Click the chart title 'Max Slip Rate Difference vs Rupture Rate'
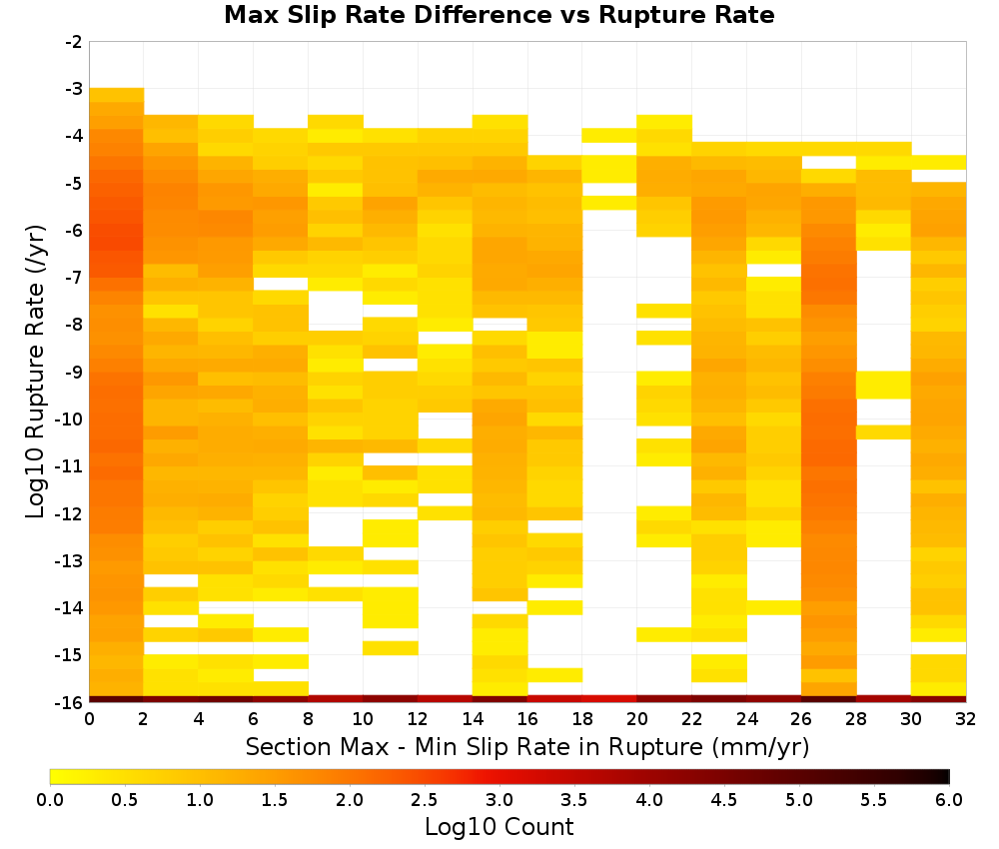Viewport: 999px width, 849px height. pos(499,15)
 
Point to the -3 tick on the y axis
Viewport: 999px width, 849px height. pos(74,89)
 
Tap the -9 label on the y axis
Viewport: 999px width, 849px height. pos(74,372)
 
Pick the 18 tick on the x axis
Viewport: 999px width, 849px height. pos(582,719)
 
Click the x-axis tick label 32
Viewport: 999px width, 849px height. pos(966,719)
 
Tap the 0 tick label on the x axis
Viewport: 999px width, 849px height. pos(89,719)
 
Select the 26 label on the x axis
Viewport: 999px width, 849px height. pos(801,719)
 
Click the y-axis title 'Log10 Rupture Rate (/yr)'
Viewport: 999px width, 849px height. pos(36,372)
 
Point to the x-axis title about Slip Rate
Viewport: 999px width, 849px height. pos(527,746)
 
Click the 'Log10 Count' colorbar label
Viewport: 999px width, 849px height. pos(499,827)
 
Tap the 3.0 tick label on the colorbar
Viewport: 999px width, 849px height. pos(499,800)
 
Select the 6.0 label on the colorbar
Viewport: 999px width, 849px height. pos(949,800)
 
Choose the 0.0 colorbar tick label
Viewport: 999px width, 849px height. pos(50,800)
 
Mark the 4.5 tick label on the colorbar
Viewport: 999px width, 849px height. pos(723,800)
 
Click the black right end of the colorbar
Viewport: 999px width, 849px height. pos(946,776)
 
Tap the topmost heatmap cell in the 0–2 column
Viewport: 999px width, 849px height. pos(117,95)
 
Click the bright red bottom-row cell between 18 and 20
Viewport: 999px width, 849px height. pos(609,699)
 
